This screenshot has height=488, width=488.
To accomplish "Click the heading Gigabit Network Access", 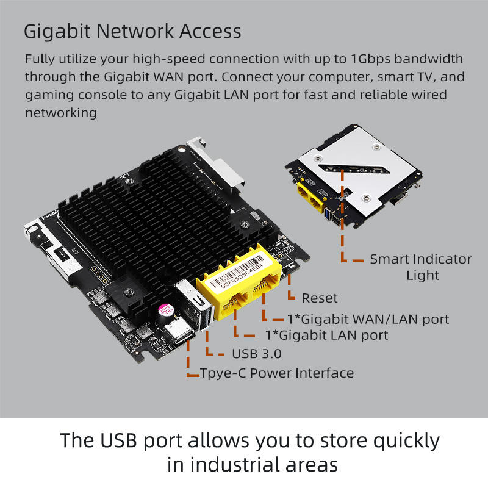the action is (x=132, y=31).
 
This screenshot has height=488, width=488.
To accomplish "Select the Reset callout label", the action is (x=319, y=298).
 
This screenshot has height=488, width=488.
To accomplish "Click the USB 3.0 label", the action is (x=256, y=354).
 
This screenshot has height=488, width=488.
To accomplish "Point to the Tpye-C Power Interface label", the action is (x=277, y=373).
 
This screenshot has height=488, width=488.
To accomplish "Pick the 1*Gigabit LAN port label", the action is (x=326, y=335).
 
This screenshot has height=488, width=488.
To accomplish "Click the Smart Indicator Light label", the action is (x=421, y=267).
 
